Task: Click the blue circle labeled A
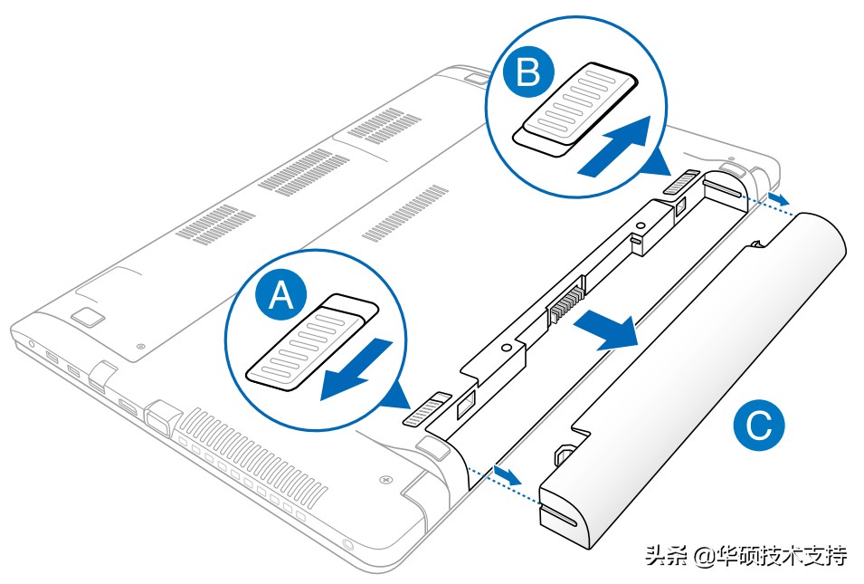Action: pyautogui.click(x=281, y=296)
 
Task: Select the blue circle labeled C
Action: pyautogui.click(x=758, y=426)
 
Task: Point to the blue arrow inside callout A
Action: pyautogui.click(x=356, y=369)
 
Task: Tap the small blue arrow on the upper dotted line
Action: pyautogui.click(x=776, y=196)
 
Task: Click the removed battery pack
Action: pyautogui.click(x=697, y=380)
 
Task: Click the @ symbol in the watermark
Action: pyautogui.click(x=703, y=555)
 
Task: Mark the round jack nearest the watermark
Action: pyautogui.click(x=350, y=546)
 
